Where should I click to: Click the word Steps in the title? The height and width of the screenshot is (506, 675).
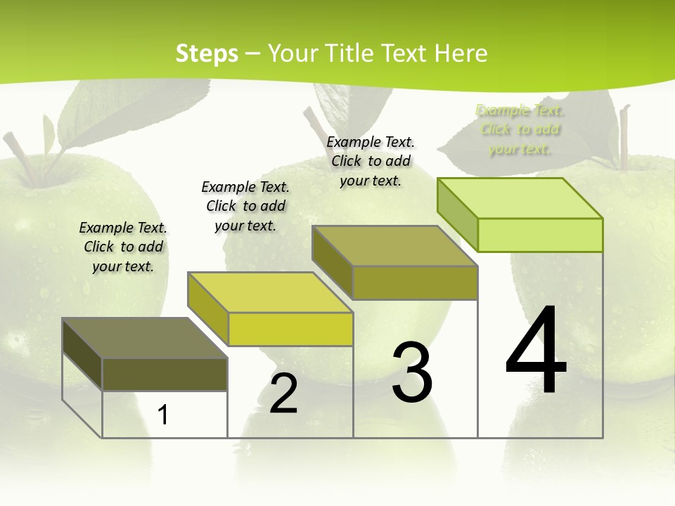(207, 53)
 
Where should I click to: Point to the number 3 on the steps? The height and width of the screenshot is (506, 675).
(412, 372)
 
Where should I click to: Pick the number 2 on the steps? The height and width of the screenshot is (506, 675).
(283, 393)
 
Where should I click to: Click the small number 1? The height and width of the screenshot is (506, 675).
(163, 415)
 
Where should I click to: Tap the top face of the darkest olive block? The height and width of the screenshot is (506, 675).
(144, 338)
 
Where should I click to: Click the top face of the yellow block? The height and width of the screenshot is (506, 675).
(270, 292)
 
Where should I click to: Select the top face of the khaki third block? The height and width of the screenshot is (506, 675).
(394, 246)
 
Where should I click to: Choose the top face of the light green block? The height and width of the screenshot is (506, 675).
(520, 198)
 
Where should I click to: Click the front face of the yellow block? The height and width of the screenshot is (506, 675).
(290, 329)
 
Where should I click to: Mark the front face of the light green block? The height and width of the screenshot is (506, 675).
(540, 235)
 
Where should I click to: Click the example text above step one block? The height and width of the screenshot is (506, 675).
(123, 247)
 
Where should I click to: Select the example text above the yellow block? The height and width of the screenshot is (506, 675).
(245, 206)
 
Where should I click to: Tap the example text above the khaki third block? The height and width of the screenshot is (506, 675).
(371, 161)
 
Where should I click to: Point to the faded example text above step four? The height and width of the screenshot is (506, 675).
(520, 129)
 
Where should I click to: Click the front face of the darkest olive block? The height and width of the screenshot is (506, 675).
(165, 375)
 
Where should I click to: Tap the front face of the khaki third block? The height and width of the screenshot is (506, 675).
(415, 283)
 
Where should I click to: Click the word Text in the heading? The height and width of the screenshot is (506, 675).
(406, 53)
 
